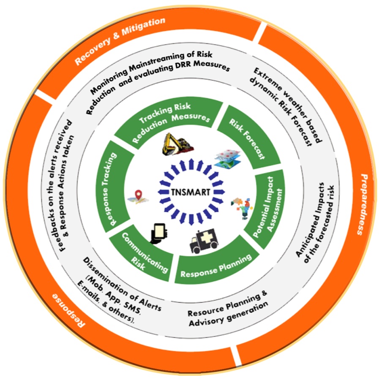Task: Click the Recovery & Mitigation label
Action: click(120, 41)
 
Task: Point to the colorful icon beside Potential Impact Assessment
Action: click(240, 207)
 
